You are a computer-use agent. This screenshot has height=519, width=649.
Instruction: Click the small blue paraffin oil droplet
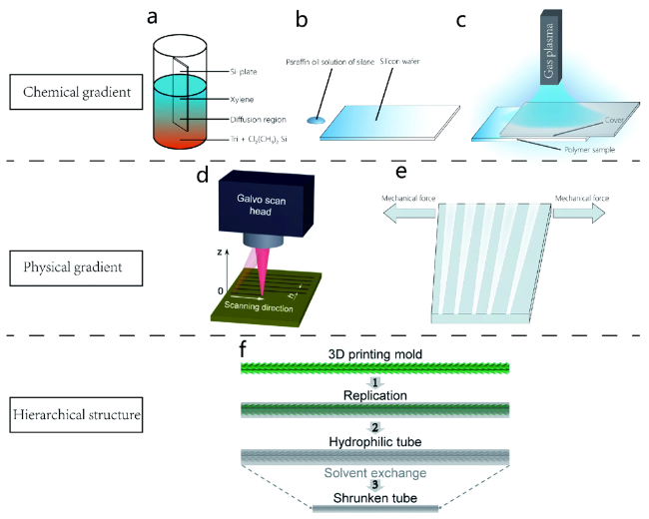[317, 120]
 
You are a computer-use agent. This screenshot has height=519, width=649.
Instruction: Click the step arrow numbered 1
[373, 382]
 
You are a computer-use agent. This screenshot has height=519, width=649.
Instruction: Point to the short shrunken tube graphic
[373, 509]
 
